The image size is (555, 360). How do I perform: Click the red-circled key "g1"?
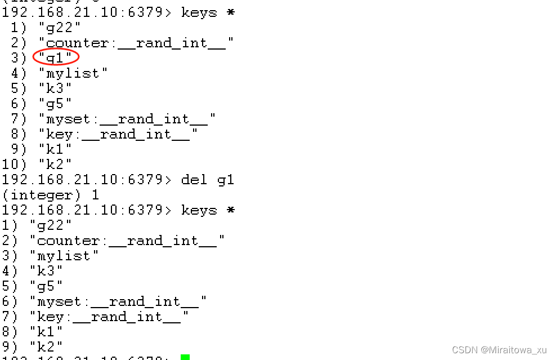click(55, 58)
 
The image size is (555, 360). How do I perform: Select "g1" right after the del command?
click(226, 180)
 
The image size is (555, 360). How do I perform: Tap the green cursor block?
click(185, 357)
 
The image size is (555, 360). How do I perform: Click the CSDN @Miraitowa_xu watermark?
click(499, 350)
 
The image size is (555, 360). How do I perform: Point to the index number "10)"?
click(14, 165)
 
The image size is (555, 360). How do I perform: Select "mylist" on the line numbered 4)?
click(73, 73)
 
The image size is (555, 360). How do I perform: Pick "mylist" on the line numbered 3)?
click(64, 256)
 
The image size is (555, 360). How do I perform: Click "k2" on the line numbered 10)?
click(55, 165)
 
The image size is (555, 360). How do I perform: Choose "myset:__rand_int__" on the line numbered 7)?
click(127, 119)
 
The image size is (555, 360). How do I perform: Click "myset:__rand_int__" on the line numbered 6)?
click(118, 301)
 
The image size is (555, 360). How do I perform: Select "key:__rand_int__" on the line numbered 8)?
click(118, 134)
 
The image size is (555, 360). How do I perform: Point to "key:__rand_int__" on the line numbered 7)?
click(109, 317)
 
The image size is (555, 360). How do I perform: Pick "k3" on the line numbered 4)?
click(46, 271)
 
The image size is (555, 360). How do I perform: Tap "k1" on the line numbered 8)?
click(46, 332)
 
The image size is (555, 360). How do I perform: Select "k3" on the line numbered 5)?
click(55, 88)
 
